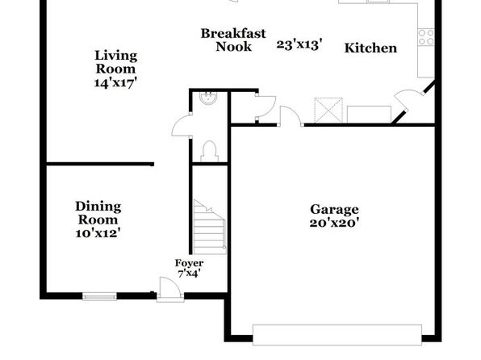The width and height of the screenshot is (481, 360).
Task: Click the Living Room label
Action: tap(115, 62)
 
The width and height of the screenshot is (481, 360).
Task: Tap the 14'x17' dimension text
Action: tap(115, 82)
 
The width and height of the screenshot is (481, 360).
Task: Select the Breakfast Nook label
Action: tap(233, 40)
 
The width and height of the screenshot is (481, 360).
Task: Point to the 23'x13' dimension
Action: tap(299, 45)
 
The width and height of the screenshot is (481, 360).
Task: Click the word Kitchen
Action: tap(370, 48)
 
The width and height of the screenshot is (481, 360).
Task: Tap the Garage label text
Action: tap(334, 210)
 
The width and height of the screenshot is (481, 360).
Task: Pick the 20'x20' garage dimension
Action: tap(334, 223)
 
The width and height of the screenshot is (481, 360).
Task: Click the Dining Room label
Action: tap(98, 213)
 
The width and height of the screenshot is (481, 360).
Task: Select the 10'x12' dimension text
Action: tap(98, 233)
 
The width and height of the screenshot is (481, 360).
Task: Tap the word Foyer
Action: tap(189, 263)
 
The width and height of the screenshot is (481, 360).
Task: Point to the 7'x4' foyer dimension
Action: tap(190, 273)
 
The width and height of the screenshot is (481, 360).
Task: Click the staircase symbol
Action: tap(210, 227)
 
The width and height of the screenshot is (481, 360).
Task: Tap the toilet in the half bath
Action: tap(210, 151)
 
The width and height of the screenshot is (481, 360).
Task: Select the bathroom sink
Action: tap(208, 98)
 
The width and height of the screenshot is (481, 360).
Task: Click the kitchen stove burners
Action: tap(426, 37)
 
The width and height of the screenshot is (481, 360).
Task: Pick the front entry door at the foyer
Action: tap(170, 289)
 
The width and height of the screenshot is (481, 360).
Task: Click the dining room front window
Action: tap(99, 296)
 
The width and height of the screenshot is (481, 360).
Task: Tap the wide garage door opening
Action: tap(337, 335)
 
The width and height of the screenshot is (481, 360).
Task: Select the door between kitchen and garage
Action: tap(291, 116)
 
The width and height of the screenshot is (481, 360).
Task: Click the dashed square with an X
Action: tap(328, 110)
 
